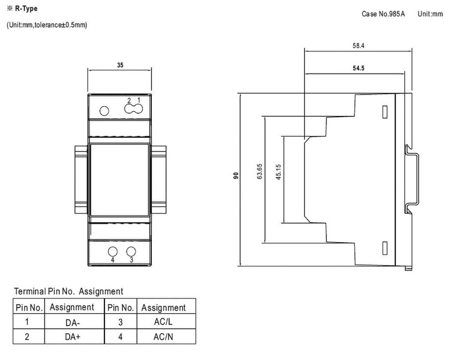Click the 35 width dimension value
(x=120, y=65)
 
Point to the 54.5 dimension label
(x=358, y=69)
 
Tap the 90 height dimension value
(x=236, y=175)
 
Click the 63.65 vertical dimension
(x=260, y=172)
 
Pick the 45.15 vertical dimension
(x=279, y=172)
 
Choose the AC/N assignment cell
(x=163, y=337)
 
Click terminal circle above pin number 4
(x=113, y=251)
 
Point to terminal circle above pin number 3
(x=131, y=251)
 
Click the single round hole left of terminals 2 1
(x=104, y=110)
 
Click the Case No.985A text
(x=383, y=14)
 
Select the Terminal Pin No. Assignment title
(x=69, y=291)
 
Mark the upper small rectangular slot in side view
(x=385, y=112)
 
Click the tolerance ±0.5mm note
(x=47, y=25)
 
